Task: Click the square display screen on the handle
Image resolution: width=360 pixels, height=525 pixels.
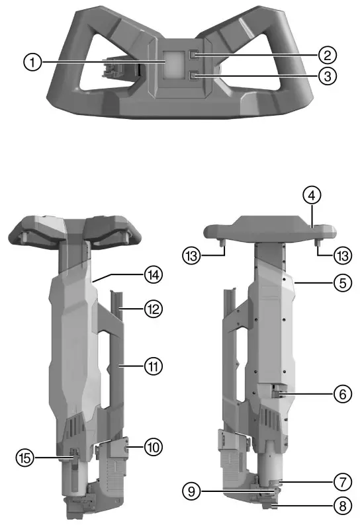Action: click(x=175, y=63)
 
